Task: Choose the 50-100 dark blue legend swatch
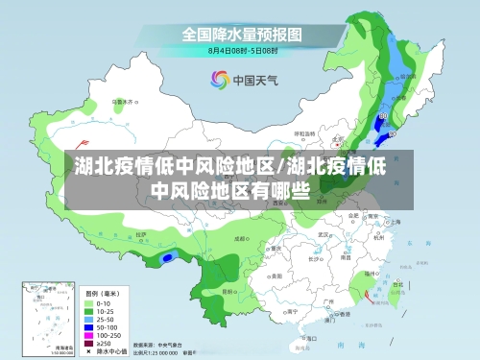[x=88, y=325]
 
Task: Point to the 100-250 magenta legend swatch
[x=88, y=334]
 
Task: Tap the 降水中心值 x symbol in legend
[x=88, y=351]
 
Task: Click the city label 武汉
[x=324, y=233]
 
